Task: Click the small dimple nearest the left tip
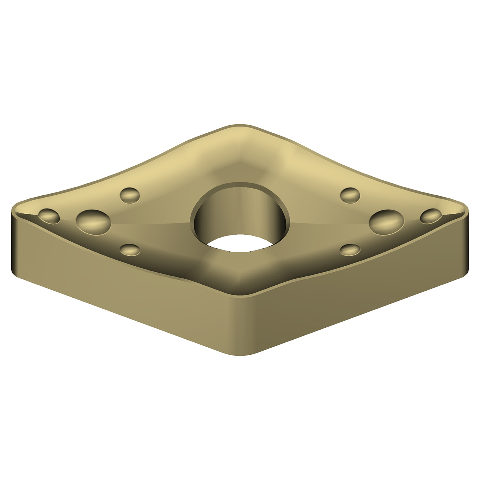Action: pos(49,216)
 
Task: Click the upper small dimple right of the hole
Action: pos(350,195)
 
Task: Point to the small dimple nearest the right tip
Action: pos(431,216)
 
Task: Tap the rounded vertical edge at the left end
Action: pos(14,244)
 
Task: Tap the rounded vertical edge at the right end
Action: pos(466,244)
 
